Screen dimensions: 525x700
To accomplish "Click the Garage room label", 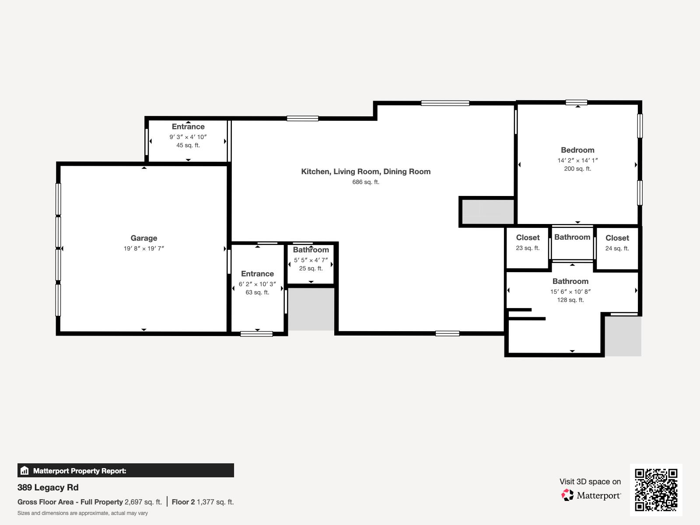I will (143, 238).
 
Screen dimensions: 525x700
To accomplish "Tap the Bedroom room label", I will (577, 150).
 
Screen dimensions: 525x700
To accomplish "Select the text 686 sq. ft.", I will (366, 182).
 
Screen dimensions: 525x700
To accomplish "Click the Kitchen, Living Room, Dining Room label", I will (366, 171).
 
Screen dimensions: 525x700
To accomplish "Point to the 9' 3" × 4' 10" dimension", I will (188, 137).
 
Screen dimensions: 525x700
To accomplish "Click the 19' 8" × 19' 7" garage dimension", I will (143, 248).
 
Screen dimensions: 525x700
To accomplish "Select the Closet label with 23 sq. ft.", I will (528, 238).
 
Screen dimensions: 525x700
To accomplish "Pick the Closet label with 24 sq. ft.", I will (617, 238).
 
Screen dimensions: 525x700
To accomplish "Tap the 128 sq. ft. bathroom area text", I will (570, 300).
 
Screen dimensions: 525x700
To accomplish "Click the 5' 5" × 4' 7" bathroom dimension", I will (311, 260).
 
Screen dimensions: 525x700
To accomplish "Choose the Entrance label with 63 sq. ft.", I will (257, 274).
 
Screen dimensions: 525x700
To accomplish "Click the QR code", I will (656, 490).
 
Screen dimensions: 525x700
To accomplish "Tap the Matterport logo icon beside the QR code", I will (568, 495).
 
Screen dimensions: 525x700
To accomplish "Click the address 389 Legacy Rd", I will (48, 487).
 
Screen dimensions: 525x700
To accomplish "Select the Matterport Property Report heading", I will (80, 471).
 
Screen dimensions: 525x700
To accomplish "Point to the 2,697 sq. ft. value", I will (143, 502).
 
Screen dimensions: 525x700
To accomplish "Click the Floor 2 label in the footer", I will (183, 502).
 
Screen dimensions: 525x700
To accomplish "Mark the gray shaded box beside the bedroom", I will (487, 212).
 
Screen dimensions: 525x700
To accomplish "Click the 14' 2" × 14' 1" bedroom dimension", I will (577, 161).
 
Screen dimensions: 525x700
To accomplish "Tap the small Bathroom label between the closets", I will (572, 237).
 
